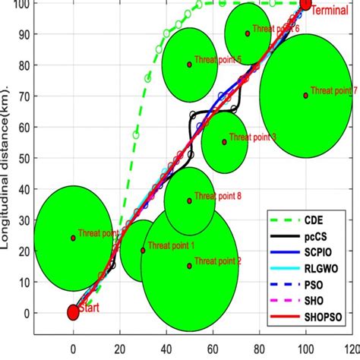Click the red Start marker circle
tap(73, 312)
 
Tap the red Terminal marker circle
tap(305, 5)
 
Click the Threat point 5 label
tap(217, 59)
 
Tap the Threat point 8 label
tap(217, 196)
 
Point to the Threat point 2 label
tap(217, 261)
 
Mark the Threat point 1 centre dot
tap(143, 250)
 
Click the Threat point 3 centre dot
tap(224, 142)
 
